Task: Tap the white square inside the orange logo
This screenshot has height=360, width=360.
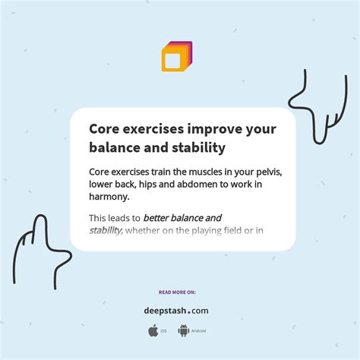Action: pos(172,60)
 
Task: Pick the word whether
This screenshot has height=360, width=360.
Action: pos(144,230)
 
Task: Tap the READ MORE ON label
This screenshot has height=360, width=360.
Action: pos(177,292)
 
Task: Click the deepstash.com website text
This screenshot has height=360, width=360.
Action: pos(176,310)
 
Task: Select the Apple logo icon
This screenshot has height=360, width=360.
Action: pos(153,330)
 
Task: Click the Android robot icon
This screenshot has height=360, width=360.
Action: pos(183,330)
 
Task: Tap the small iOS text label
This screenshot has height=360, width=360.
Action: pos(164,331)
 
